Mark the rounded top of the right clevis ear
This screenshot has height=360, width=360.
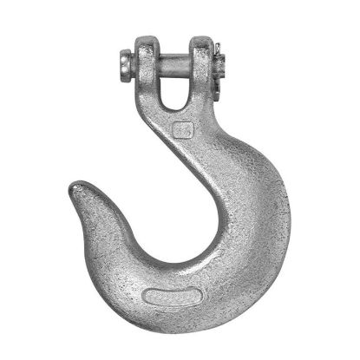200,39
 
